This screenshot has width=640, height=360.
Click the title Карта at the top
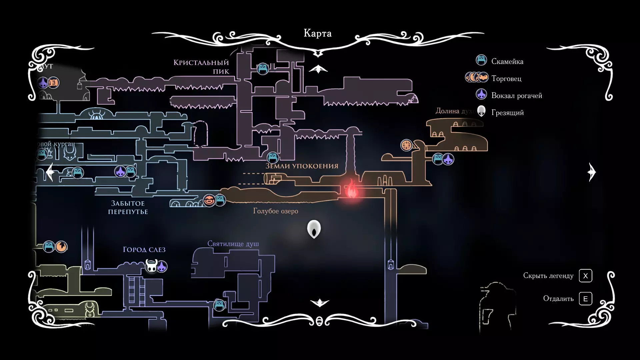pos(317,33)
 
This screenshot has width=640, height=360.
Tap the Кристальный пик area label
pos(201,67)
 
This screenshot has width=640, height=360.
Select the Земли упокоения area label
pos(302,166)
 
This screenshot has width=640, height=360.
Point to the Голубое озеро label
pos(276,211)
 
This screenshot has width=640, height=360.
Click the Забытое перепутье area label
pos(128,207)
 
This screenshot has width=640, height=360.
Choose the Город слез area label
pos(144,249)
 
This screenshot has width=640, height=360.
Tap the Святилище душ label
pos(233,244)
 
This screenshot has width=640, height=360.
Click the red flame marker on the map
pos(351,189)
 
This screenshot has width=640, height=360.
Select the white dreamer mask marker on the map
pos(314,229)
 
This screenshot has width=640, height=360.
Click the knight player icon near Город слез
pos(151,266)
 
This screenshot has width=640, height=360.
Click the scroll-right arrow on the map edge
pos(592,172)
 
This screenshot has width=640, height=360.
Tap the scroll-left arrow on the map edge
pos(50,172)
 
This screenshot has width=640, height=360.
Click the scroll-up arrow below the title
pos(318,69)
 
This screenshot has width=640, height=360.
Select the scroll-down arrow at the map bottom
pos(319,302)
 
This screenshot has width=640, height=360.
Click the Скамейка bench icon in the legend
pos(481,60)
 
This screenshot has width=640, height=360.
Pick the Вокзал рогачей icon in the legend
pos(481,95)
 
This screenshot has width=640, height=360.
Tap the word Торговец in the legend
pos(506,79)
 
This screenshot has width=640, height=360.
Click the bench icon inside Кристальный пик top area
pos(263,69)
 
